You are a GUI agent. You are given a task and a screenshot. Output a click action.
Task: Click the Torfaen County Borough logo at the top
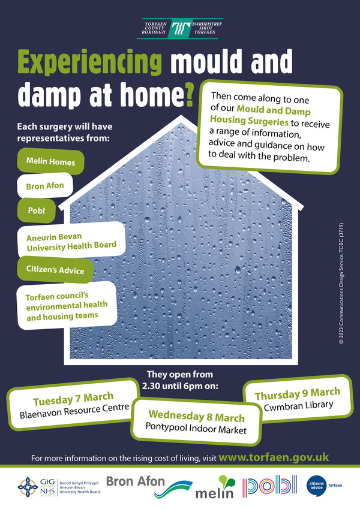tap(179, 28)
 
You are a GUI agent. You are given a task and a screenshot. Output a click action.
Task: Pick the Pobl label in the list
tap(35, 210)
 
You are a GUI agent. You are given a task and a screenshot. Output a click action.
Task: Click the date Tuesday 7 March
tap(73, 398)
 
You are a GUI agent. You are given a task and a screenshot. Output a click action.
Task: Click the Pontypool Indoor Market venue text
tap(196, 429)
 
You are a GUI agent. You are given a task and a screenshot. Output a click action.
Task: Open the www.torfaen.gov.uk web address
tap(273, 457)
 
